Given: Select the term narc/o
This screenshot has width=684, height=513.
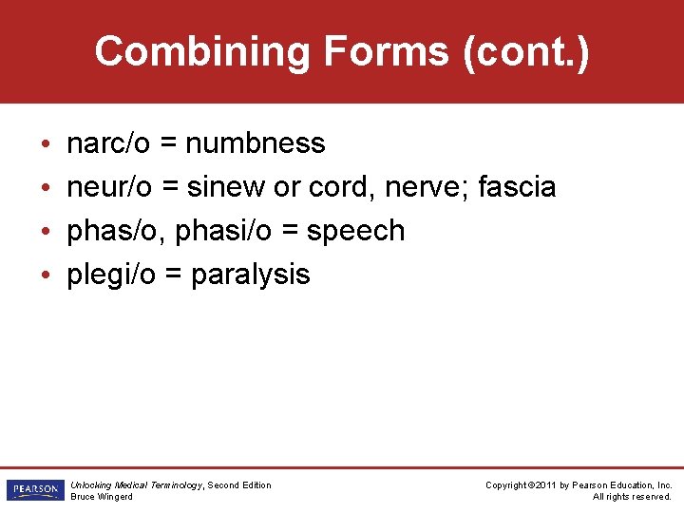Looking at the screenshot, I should tap(108, 143).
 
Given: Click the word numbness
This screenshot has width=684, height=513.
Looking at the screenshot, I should tap(256, 143).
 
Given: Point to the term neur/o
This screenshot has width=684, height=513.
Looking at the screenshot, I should tap(109, 187).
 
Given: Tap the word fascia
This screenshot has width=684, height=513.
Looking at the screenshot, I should tap(517, 187).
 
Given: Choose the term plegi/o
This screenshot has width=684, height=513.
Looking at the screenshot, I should tap(109, 275).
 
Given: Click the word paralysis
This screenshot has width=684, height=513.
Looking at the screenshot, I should tap(251, 275).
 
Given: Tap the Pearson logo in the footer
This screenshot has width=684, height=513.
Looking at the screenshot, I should tap(33, 490).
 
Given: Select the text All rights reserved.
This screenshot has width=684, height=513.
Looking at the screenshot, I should tap(632, 497).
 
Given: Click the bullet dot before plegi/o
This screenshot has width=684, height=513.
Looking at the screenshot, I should tap(47, 275).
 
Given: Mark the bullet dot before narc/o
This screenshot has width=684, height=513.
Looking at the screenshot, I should tap(47, 144).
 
